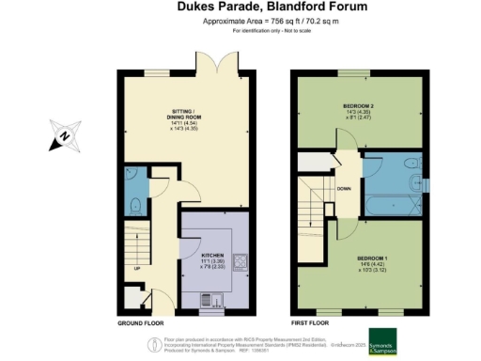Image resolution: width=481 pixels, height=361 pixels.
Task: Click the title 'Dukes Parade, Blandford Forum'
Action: tap(240, 7)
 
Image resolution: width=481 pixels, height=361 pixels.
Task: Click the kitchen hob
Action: tap(238, 261)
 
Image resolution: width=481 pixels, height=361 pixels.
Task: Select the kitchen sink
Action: tap(210, 302)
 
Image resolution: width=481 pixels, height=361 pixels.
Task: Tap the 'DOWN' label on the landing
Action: tap(344, 188)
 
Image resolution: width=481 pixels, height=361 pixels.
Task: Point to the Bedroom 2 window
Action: tap(353, 72)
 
